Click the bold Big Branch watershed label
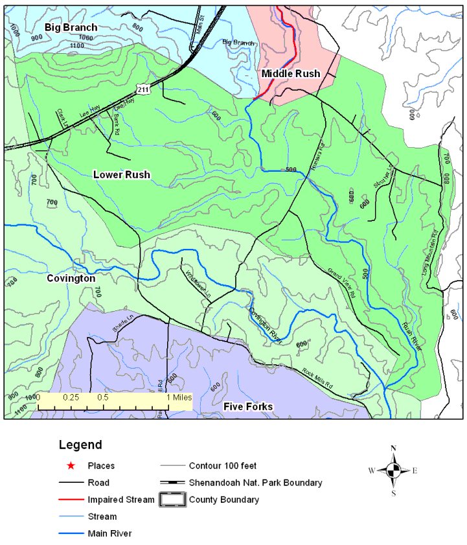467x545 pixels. (71, 27)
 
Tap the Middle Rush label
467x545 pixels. (290, 74)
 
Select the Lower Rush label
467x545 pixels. (122, 175)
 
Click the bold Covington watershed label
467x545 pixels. (71, 278)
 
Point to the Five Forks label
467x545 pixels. (248, 407)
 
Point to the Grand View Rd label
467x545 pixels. (341, 282)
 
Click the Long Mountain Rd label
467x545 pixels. (430, 253)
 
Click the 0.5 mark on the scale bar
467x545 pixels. (102, 397)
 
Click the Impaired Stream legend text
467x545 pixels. (121, 500)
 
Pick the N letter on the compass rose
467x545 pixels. (393, 448)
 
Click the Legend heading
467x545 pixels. (80, 445)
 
